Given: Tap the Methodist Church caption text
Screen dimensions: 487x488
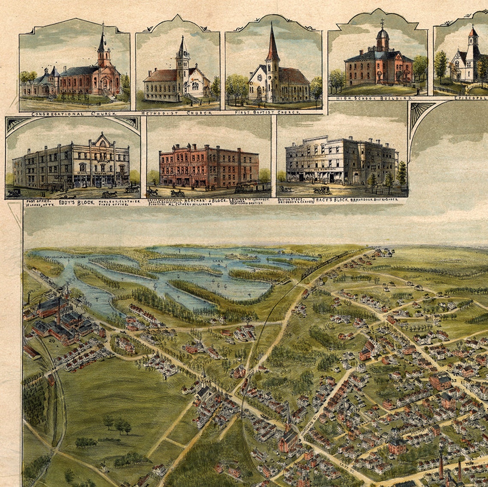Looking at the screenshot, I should (177, 113).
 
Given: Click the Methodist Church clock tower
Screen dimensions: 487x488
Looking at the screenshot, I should (183, 60).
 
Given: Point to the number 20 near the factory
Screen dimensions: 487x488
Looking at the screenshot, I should (51, 341).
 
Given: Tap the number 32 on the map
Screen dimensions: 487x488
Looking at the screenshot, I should (454, 380).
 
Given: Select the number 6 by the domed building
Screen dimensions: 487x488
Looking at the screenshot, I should (386, 442).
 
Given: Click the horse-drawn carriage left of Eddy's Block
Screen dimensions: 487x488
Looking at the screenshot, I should (14, 193).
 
